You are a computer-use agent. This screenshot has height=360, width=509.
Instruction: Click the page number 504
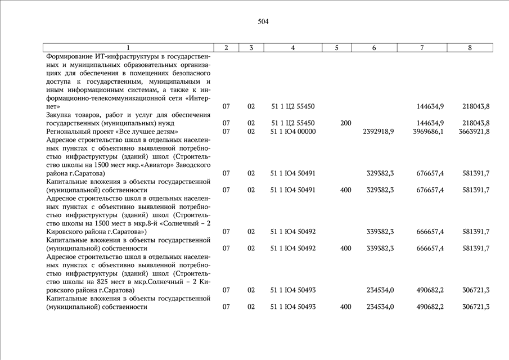[263, 22]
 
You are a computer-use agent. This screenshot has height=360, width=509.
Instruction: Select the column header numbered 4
[293, 48]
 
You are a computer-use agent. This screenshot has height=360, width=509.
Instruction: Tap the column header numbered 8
[470, 48]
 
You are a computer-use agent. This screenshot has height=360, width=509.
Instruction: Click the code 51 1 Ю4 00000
[293, 132]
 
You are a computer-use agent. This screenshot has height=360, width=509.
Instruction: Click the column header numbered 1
[128, 48]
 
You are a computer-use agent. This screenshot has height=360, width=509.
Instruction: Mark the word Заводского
[193, 165]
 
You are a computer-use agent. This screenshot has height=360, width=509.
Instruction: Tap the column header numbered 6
[374, 48]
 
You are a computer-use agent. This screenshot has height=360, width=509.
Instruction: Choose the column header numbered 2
[226, 48]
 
